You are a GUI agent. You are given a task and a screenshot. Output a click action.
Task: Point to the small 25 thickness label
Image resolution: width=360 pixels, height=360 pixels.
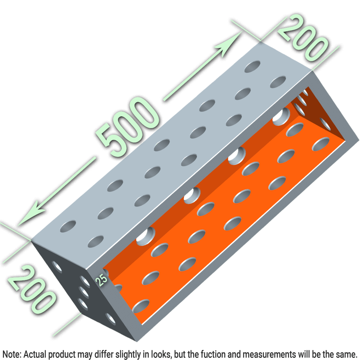[102, 280]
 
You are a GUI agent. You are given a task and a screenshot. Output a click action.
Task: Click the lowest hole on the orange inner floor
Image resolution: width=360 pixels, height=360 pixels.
[141, 306]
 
